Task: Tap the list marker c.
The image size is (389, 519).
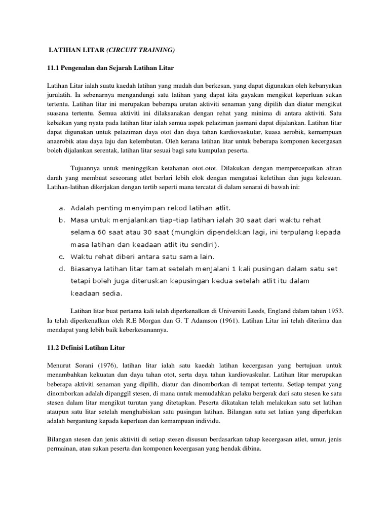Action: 61,256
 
